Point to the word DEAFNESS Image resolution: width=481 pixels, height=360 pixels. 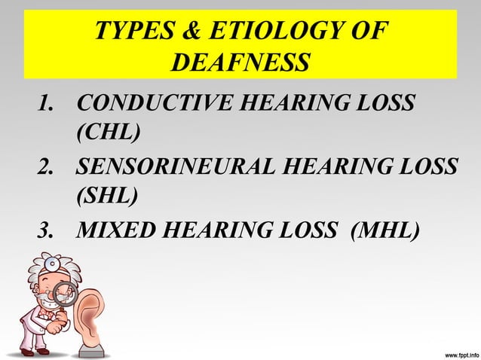pos(240,63)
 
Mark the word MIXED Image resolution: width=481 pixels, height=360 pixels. pos(117,228)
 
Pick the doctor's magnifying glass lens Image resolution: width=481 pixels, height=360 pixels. pos(63,294)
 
